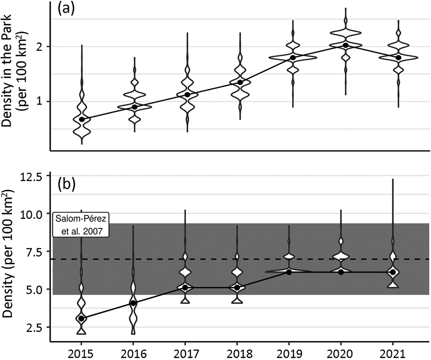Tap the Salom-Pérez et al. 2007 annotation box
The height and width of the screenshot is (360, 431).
[81, 225]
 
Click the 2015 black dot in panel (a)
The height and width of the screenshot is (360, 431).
[82, 120]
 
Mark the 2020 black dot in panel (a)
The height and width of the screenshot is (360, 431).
[346, 45]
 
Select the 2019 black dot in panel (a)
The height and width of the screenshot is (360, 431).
[293, 58]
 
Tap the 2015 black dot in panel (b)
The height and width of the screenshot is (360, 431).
[81, 318]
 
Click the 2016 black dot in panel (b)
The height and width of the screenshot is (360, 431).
[133, 303]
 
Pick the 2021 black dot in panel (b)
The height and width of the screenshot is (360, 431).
[393, 272]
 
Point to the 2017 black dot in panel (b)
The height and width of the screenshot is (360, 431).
[185, 288]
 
